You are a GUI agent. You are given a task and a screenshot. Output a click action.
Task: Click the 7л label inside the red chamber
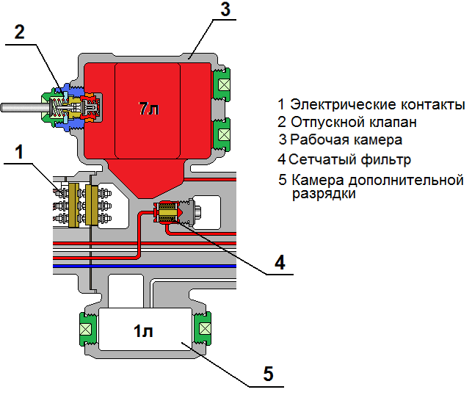[x=148, y=109]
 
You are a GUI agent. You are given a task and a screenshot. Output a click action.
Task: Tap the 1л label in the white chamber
[x=145, y=330]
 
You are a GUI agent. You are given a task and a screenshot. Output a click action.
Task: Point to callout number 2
[x=19, y=32]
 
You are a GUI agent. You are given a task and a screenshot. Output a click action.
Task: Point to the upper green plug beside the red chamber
[x=222, y=84]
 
